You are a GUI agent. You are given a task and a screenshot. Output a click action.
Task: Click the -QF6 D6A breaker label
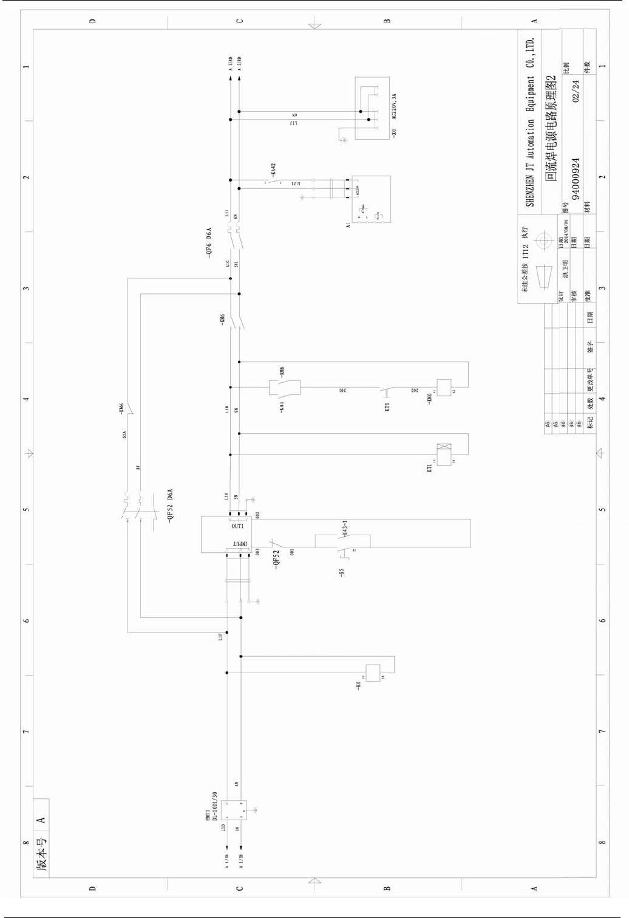tap(209, 243)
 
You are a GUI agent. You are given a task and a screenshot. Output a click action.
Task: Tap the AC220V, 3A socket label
tap(394, 106)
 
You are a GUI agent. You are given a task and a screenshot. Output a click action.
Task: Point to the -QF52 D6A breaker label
tap(170, 504)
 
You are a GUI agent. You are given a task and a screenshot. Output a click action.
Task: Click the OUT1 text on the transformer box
tap(237, 526)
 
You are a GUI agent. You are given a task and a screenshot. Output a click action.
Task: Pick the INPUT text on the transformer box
tap(240, 543)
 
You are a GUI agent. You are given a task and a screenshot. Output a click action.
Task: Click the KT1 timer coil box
tap(444, 454)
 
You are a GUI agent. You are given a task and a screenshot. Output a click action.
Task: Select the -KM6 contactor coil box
tap(444, 387)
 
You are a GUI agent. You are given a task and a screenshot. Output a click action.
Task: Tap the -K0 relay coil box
tap(373, 673)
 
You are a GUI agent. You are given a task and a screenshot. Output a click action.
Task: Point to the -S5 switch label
tap(341, 572)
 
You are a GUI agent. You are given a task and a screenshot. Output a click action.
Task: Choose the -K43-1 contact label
tap(345, 528)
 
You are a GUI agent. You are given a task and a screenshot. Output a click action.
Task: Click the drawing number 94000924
tap(575, 179)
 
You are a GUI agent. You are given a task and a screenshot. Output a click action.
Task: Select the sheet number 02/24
tap(575, 91)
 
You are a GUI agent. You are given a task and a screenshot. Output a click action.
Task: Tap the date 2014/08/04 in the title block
tap(566, 231)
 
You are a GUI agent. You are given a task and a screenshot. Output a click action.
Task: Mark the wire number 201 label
tap(342, 390)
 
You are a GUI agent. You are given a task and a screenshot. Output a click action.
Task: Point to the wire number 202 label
tap(415, 390)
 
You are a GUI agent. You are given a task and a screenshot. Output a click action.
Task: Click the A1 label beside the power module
tap(348, 225)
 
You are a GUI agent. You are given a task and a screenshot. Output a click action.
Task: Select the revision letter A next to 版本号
tap(41, 820)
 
